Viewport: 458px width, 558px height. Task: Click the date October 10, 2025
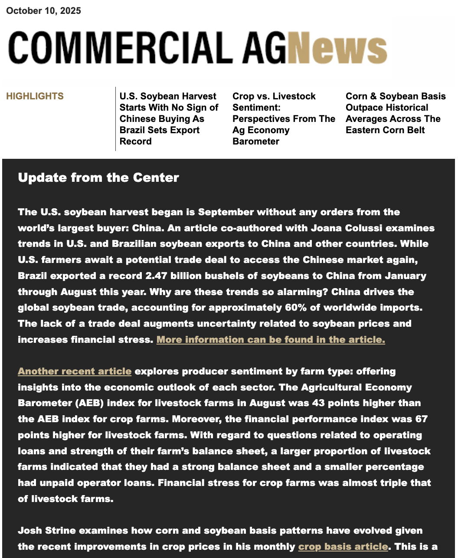[43, 11]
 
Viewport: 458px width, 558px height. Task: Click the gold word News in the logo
[337, 49]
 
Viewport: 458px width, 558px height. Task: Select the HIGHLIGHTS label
[35, 96]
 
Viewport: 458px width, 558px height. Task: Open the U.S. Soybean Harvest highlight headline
[169, 118]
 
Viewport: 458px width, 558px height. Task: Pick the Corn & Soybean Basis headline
[395, 113]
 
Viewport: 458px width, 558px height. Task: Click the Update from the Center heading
[98, 177]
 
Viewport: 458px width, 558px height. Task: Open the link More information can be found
[271, 339]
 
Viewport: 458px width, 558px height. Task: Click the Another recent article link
[75, 371]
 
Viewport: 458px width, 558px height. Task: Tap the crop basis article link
[343, 547]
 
